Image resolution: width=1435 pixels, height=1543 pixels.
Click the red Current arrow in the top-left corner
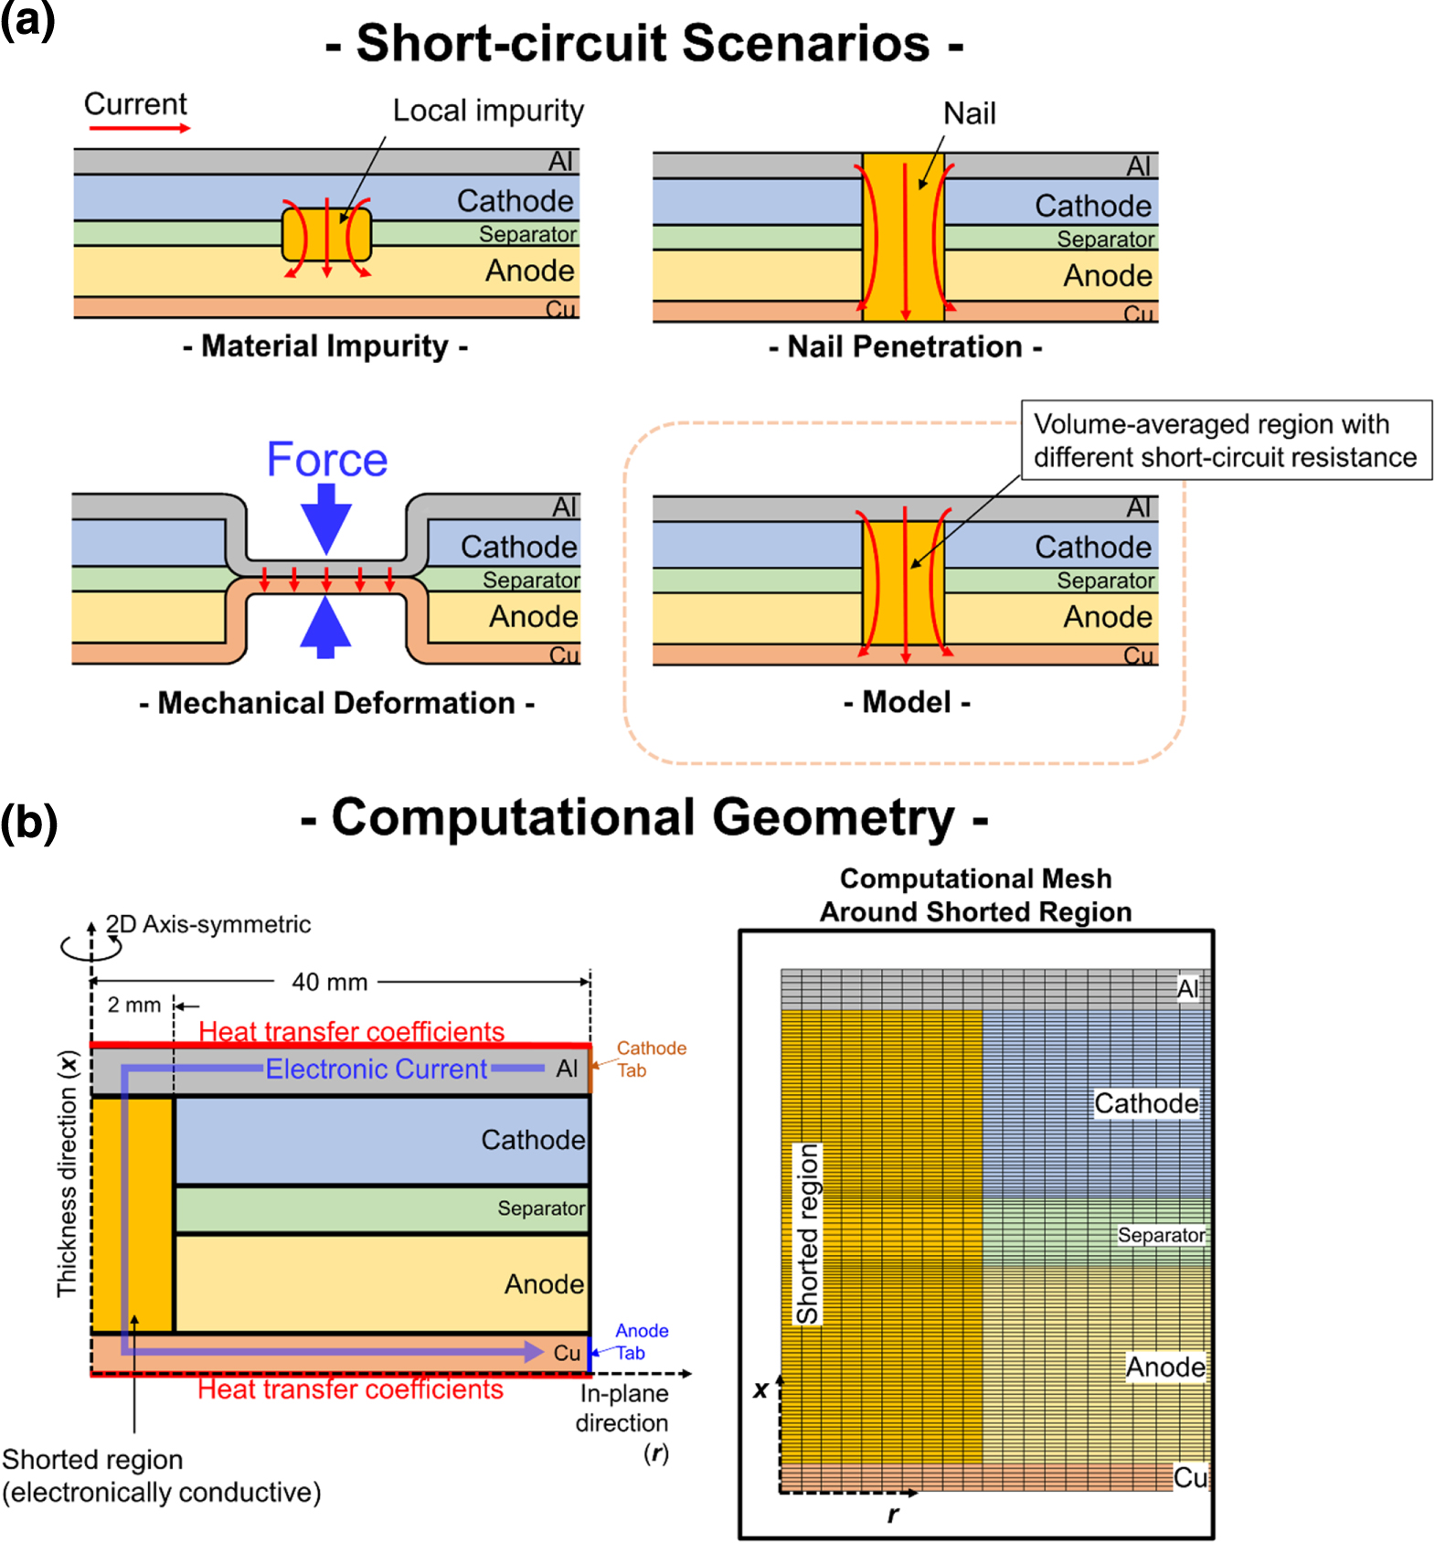139,128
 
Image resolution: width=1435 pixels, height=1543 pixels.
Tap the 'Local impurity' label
487,111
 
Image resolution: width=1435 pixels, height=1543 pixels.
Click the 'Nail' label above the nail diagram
969,113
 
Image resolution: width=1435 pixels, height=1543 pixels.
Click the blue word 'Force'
326,459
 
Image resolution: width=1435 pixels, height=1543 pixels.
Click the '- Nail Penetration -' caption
905,347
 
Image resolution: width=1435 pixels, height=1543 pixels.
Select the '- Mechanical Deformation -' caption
336,703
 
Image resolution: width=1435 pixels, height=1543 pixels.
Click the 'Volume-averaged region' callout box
1225,441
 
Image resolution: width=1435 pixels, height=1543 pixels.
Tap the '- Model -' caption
907,702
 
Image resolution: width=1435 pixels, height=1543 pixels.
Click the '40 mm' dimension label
329,983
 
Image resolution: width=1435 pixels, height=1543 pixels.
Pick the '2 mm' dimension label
133,1006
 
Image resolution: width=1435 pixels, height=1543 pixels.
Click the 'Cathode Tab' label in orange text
650,1059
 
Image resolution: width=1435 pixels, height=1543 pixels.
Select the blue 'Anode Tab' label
641,1342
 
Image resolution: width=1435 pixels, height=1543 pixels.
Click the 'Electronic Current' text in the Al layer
376,1069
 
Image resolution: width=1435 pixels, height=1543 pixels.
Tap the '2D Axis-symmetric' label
208,924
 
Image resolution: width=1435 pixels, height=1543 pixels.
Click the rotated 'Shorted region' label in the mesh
807,1233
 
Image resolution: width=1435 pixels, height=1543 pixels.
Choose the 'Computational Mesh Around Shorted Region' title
975,895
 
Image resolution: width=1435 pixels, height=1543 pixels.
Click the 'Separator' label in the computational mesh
1161,1235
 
